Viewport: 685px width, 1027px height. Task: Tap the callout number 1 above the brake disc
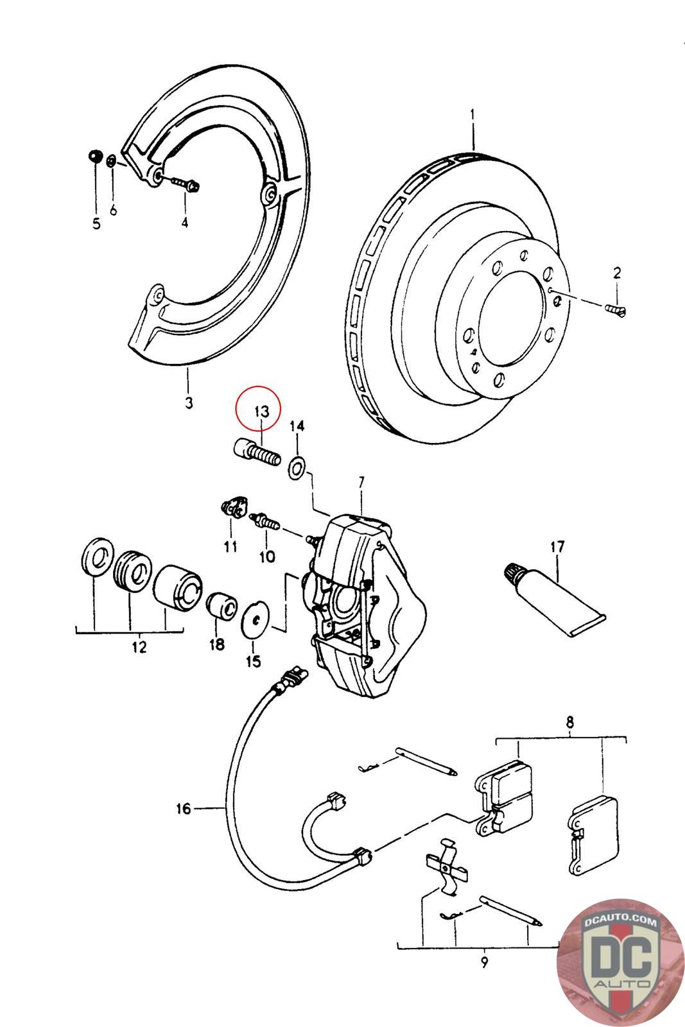[473, 116]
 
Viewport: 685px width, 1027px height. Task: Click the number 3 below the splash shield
[188, 402]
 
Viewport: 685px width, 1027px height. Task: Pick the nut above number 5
[94, 156]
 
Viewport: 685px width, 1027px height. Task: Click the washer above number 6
[111, 160]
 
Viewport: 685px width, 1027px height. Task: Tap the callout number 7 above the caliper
[361, 480]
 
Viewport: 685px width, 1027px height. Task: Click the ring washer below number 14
[297, 469]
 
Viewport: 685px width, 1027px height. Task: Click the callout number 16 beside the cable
[184, 808]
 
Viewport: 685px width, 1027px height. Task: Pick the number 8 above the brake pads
[570, 723]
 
